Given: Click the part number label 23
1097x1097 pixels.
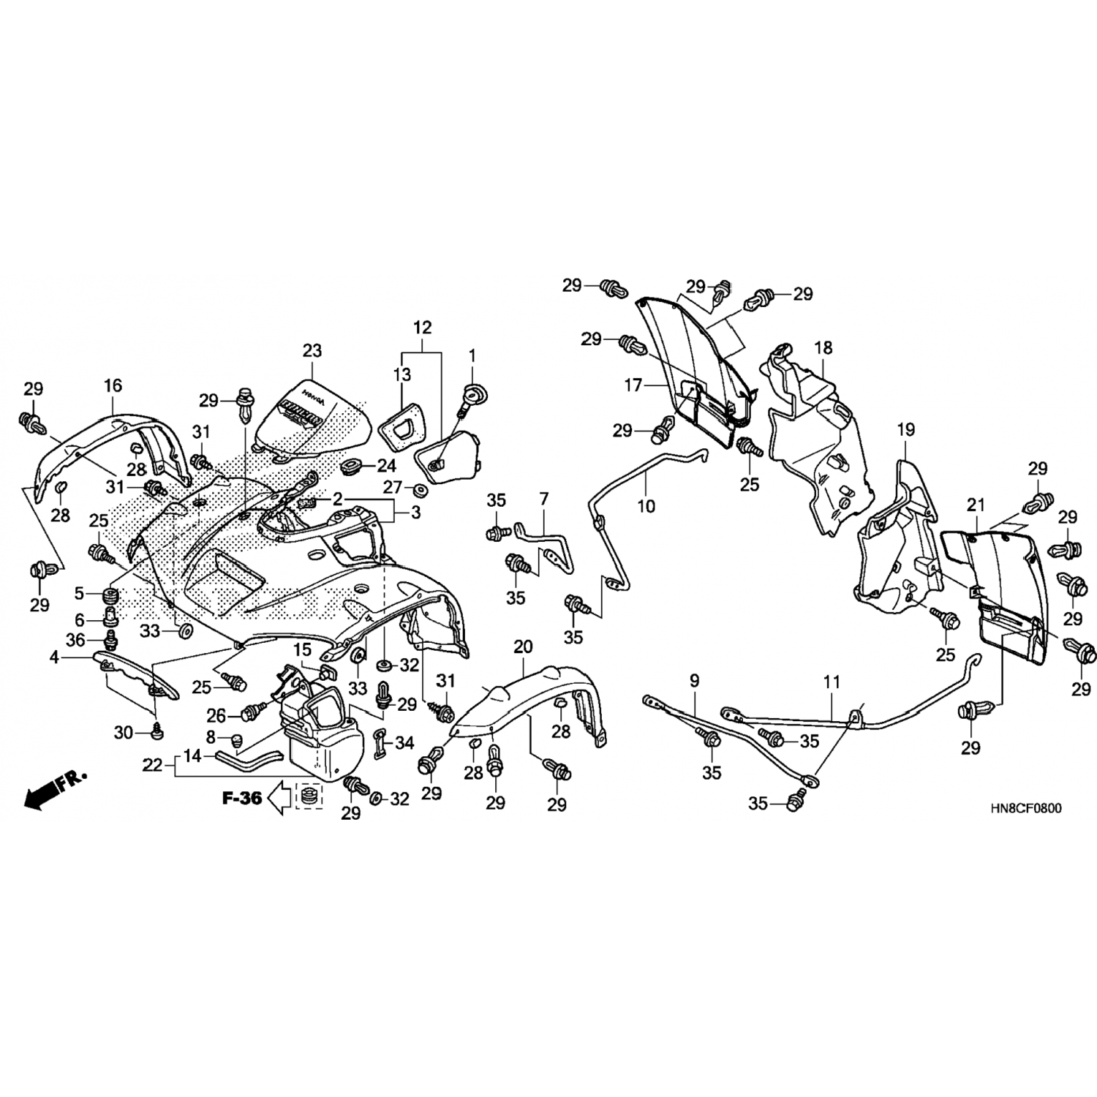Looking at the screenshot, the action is tap(312, 351).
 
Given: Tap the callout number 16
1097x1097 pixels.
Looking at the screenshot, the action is tap(113, 385).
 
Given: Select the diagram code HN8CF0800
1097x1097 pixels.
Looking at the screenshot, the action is tap(1026, 809).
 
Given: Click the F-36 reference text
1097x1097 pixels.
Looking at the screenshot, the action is tap(242, 798).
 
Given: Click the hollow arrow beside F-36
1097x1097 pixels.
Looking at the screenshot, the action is tap(279, 798).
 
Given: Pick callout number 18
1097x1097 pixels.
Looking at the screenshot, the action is tap(823, 347).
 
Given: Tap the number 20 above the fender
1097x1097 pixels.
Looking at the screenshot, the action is tap(523, 646).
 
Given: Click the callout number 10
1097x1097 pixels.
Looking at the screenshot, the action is tap(646, 505).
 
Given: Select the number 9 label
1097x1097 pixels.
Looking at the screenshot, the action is tap(694, 681).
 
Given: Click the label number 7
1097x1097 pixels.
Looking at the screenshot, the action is tap(543, 500).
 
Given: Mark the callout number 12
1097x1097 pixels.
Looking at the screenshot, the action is tap(423, 327).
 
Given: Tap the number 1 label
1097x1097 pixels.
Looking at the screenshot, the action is tap(472, 356).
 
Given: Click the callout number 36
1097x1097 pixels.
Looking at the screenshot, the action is tap(75, 640).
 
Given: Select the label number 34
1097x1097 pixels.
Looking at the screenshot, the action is tap(404, 743).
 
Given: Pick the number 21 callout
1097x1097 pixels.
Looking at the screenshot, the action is tap(976, 505).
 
